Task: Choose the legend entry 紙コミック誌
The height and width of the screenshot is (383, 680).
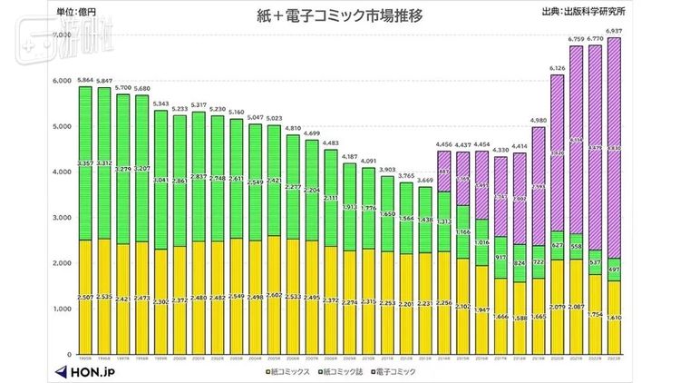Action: (x=335, y=373)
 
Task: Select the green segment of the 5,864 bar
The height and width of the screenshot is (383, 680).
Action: (x=85, y=163)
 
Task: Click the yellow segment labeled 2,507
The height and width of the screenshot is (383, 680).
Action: (x=85, y=298)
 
